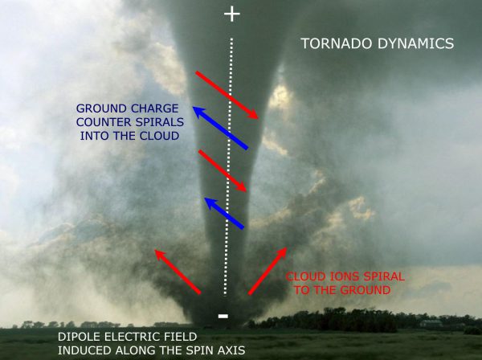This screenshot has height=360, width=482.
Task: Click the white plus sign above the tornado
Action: click(x=232, y=14)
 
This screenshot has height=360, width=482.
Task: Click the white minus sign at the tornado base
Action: click(x=223, y=316)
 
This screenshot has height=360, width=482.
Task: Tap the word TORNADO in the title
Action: click(x=337, y=43)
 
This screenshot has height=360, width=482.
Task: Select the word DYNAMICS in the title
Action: click(x=416, y=43)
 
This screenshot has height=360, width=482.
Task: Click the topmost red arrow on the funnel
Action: click(x=227, y=95)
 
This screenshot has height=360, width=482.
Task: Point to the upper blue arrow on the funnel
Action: click(x=220, y=128)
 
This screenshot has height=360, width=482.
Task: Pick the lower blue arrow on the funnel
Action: click(x=224, y=214)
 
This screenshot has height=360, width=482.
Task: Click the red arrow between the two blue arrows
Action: click(x=223, y=170)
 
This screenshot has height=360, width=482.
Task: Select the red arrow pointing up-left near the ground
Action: click(x=178, y=272)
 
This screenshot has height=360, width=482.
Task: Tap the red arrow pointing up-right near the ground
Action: click(x=268, y=271)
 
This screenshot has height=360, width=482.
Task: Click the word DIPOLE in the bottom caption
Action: click(x=80, y=337)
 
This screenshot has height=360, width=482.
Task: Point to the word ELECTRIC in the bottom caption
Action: click(x=130, y=337)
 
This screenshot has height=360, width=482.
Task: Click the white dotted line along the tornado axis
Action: click(x=228, y=166)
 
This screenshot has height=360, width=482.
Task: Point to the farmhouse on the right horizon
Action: click(x=431, y=323)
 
